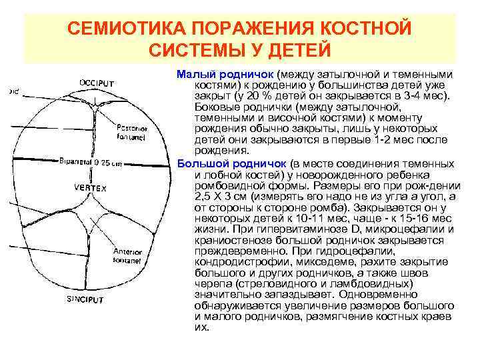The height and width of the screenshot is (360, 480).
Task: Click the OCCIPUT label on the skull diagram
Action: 97,83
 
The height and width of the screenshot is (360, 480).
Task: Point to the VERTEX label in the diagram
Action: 90,189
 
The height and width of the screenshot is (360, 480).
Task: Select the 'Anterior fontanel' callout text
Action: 127,256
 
